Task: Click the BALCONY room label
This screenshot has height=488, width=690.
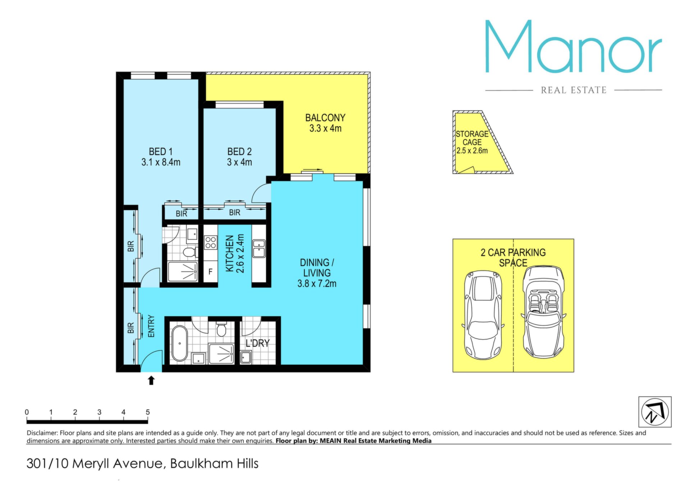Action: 325,118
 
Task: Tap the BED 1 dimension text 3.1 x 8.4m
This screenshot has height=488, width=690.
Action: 161,162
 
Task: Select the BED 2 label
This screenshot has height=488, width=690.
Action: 239,152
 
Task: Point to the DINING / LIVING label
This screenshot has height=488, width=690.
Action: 317,268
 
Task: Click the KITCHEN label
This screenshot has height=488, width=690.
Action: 230,254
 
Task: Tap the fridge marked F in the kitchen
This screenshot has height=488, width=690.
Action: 211,271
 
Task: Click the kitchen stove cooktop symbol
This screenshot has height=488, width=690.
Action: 211,242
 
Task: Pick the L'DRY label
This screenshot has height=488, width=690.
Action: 257,343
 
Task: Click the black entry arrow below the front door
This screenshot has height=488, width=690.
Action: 151,380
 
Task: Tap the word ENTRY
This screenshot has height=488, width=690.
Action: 151,326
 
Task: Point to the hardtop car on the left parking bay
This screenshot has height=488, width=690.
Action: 483,315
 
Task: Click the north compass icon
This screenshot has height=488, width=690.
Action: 655,412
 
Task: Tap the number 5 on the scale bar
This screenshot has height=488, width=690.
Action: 148,412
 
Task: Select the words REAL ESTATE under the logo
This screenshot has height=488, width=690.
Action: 574,90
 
